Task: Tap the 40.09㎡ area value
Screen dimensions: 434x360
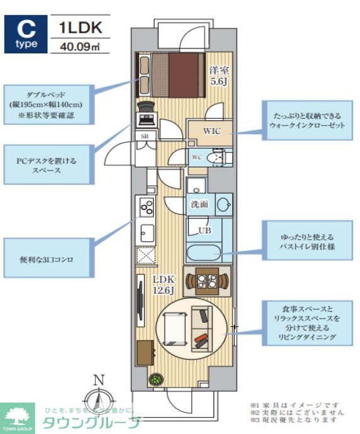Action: pos(76,46)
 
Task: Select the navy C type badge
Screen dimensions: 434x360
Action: pos(26,34)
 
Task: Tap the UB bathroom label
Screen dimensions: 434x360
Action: pos(205,230)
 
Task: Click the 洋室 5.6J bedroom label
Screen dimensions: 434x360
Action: pos(218,75)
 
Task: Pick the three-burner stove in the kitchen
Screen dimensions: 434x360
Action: pos(147,206)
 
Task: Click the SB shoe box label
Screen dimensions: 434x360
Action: pos(143,136)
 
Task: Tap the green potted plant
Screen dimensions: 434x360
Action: pos(155,379)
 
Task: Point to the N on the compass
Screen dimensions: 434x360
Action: pos(98,379)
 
